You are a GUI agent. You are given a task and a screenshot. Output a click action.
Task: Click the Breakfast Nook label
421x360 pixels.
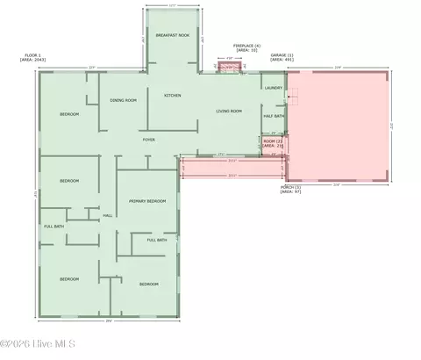pyautogui.click(x=172, y=35)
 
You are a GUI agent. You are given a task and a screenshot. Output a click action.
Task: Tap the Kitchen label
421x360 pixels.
pyautogui.click(x=172, y=95)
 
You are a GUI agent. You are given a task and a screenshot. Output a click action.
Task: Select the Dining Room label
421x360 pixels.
pyautogui.click(x=123, y=100)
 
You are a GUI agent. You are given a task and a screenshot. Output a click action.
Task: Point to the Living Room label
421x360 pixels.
pyautogui.click(x=229, y=112)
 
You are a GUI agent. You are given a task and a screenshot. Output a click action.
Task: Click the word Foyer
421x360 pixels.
pyautogui.click(x=150, y=139)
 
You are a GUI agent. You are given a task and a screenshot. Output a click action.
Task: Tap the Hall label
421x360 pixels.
pyautogui.click(x=108, y=214)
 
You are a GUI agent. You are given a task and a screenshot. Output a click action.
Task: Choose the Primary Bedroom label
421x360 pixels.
pyautogui.click(x=147, y=201)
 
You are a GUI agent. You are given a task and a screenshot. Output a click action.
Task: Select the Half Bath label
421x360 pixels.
pyautogui.click(x=274, y=116)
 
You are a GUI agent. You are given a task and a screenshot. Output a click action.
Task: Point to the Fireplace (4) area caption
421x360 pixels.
pyautogui.click(x=246, y=47)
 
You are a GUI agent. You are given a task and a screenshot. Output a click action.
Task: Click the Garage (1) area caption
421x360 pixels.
pyautogui.click(x=282, y=57)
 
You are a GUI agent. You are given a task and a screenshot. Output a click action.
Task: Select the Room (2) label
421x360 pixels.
pyautogui.click(x=273, y=142)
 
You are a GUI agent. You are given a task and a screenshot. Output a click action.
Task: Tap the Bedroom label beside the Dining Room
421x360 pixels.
pyautogui.click(x=69, y=115)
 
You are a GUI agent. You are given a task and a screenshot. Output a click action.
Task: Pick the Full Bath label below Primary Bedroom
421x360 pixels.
pyautogui.click(x=157, y=240)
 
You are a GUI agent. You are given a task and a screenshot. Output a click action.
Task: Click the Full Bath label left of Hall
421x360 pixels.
pyautogui.click(x=54, y=227)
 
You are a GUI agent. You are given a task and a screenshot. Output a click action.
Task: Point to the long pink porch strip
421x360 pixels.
pyautogui.click(x=232, y=166)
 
